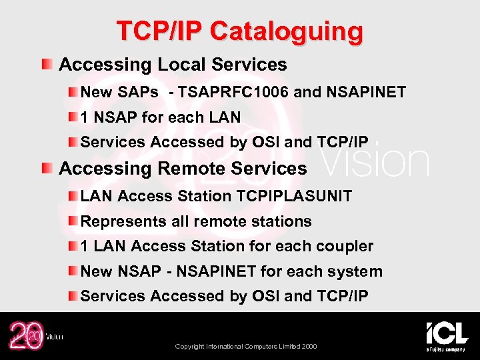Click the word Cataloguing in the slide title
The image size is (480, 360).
287,31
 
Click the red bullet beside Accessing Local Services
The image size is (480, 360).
47,65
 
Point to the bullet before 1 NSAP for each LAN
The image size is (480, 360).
72,117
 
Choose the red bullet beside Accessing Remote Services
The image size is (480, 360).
47,168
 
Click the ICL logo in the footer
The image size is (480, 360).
446,335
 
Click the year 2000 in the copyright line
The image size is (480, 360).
308,347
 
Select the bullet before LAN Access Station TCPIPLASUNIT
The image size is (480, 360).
72,196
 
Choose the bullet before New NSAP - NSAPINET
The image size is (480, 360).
72,271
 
